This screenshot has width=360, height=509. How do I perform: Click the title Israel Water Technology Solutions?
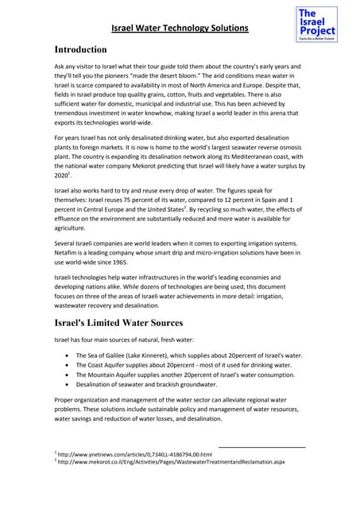(x=180, y=29)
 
